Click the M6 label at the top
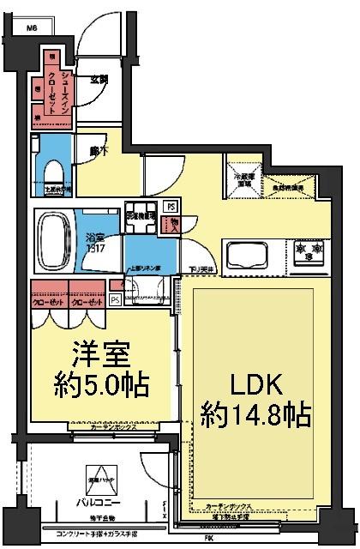pos(33,27)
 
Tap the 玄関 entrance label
pos(99,79)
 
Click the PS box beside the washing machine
pos(171,207)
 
